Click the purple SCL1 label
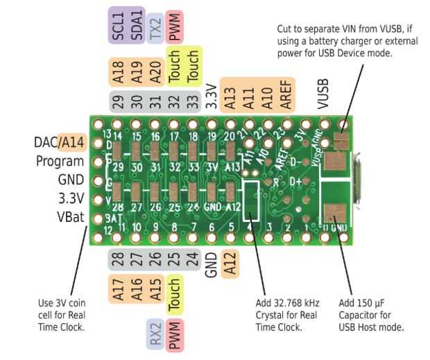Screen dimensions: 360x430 [x=117, y=26]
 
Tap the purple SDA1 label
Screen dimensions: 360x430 [x=136, y=26]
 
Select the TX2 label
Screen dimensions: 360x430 [x=155, y=28]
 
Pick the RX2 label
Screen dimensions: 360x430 [x=155, y=334]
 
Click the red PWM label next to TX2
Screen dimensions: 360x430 [x=174, y=28]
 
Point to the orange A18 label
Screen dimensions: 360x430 [x=117, y=71]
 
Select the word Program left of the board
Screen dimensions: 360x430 [x=60, y=162]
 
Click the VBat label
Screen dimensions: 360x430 [x=70, y=216]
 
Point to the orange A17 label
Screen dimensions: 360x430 [x=117, y=288]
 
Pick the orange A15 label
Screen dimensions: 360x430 [x=155, y=288]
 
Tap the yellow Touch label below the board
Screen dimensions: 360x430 [x=174, y=293]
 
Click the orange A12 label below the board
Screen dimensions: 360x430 [x=231, y=264]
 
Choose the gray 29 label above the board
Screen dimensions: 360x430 [x=117, y=101]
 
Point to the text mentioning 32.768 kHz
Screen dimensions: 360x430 [x=288, y=303]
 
